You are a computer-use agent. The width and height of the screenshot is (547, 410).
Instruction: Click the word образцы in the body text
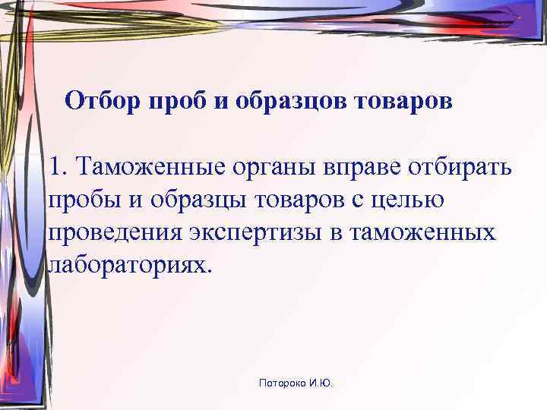(x=194, y=200)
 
